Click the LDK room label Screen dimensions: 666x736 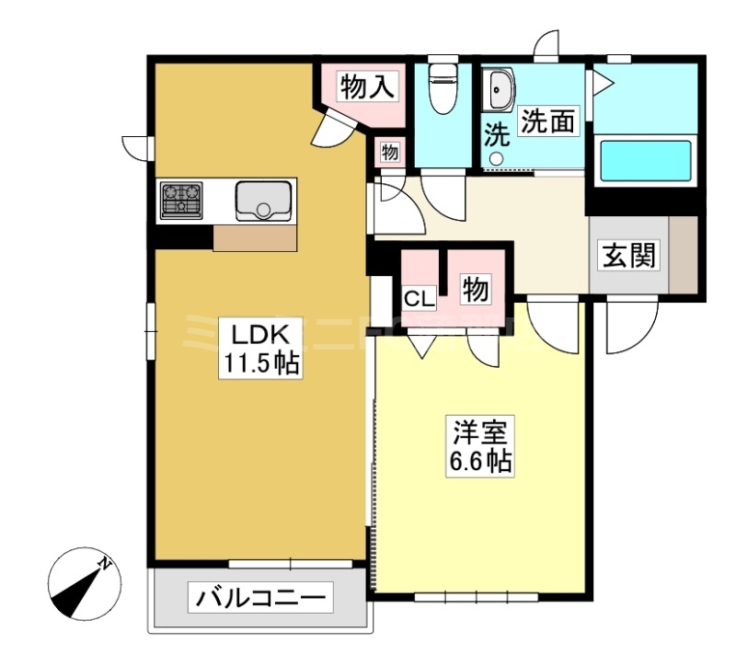pyautogui.click(x=259, y=331)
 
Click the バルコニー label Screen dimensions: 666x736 pyautogui.click(x=260, y=600)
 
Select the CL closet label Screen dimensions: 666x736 pyautogui.click(x=420, y=297)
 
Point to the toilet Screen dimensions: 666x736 pyautogui.click(x=443, y=89)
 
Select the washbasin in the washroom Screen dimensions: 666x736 pyautogui.click(x=501, y=92)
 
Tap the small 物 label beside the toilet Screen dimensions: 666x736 pyautogui.click(x=390, y=153)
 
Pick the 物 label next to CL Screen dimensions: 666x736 pyautogui.click(x=475, y=291)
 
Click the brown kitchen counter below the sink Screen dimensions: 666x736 pyautogui.click(x=255, y=237)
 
